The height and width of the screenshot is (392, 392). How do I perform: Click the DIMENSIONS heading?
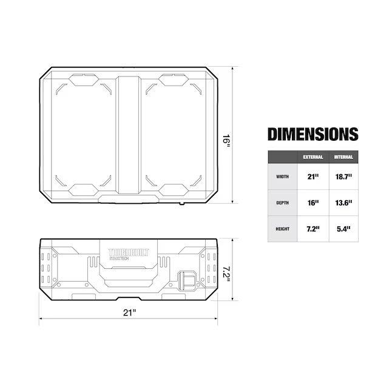313,134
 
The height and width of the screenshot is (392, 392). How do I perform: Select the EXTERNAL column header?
313,157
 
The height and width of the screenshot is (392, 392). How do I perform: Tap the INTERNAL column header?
343,157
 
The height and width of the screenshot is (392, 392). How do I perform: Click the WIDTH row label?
283,177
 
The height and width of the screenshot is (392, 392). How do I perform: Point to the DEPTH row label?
283,203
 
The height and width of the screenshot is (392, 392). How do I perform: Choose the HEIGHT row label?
283,229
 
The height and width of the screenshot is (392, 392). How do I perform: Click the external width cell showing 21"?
313,177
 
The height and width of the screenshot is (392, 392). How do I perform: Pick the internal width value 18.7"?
343,177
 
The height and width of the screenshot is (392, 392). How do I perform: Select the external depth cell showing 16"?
313,203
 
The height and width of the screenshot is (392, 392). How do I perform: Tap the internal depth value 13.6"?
343,203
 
